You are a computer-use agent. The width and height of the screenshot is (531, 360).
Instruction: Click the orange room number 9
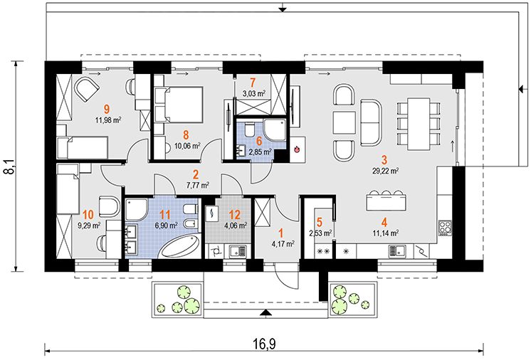pyautogui.click(x=107, y=109)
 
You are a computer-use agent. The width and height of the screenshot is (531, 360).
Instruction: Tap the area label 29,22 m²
pyautogui.click(x=385, y=171)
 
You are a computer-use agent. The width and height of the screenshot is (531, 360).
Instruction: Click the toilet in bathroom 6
pyautogui.click(x=248, y=129)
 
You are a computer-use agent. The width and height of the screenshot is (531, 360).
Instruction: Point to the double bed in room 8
pyautogui.click(x=179, y=104)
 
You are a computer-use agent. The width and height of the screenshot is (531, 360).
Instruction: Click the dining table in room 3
pyautogui.click(x=419, y=125)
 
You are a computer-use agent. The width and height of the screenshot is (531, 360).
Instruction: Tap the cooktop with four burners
pyautogui.click(x=445, y=228)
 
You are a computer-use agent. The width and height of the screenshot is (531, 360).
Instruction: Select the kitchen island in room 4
pyautogui.click(x=386, y=202)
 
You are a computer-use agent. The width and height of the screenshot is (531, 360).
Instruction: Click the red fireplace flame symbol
pyautogui.click(x=297, y=149)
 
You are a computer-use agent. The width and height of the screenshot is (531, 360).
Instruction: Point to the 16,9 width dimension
pyautogui.click(x=265, y=344)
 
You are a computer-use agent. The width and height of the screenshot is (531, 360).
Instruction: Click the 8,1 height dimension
pyautogui.click(x=9, y=166)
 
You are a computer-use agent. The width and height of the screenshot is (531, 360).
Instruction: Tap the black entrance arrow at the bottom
pyautogui.click(x=265, y=313)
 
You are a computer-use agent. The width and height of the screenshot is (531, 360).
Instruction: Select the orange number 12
pyautogui.click(x=234, y=215)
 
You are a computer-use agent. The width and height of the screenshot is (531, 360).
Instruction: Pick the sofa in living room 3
pyautogui.click(x=371, y=123)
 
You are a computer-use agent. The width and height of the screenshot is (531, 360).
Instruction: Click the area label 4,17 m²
pyautogui.click(x=283, y=243)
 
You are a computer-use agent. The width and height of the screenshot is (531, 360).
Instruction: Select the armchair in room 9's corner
pyautogui.click(x=86, y=89)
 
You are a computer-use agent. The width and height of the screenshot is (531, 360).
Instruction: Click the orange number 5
pyautogui.click(x=319, y=222)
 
